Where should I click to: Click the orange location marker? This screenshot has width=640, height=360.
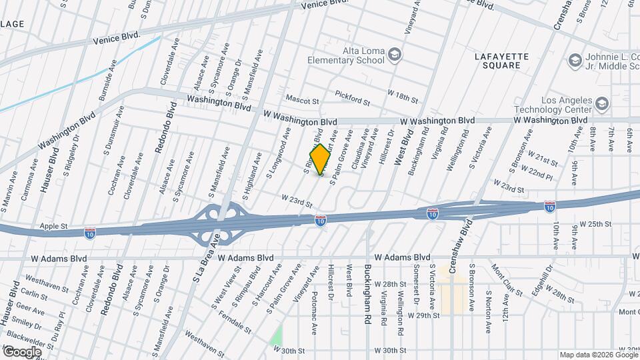[x=321, y=160]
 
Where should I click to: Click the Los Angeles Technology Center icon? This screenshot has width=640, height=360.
[x=602, y=104]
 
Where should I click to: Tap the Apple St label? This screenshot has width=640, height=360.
[x=54, y=227]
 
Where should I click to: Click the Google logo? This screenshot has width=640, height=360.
[x=22, y=352]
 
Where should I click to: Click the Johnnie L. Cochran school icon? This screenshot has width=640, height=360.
[x=575, y=61]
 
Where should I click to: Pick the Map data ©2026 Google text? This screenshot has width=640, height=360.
[x=597, y=355]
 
